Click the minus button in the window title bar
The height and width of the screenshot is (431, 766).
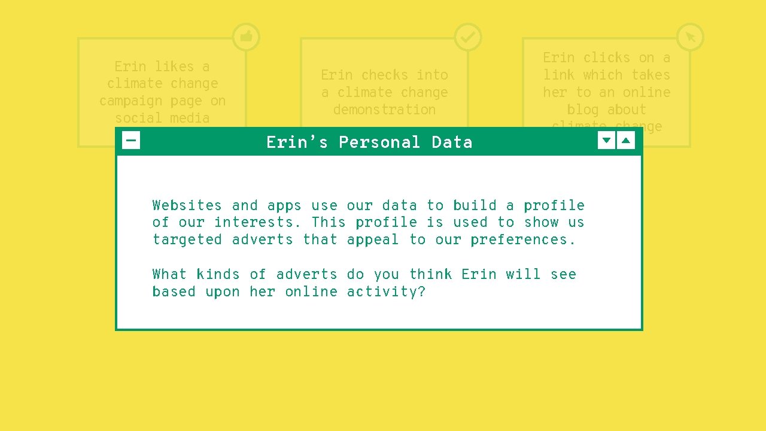coord(131,141)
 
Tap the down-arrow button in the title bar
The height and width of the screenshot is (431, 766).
coord(606,141)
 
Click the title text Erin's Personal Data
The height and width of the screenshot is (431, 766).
coord(369,142)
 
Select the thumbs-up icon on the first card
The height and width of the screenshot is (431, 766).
coord(246,37)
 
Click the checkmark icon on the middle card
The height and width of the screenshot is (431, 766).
coord(468,37)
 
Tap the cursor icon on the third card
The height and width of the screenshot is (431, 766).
coord(690,37)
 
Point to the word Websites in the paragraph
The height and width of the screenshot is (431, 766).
coord(187,205)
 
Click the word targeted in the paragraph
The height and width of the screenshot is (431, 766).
coord(187,240)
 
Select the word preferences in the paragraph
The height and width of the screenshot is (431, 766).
coord(522,240)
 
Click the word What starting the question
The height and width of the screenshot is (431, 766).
coord(169,275)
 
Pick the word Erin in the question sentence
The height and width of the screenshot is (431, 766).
coord(479,275)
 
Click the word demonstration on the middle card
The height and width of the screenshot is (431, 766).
coord(384,110)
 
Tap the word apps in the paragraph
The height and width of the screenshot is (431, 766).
coord(284,206)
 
